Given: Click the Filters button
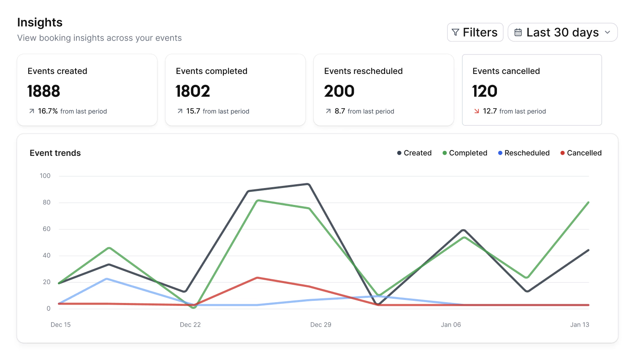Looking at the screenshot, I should tap(475, 33).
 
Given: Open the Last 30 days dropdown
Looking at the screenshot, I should tap(562, 33).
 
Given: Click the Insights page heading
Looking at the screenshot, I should tap(40, 22).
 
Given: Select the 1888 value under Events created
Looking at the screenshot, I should tap(43, 91).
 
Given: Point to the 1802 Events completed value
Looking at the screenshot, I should tap(193, 91).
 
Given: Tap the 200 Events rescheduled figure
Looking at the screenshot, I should tap(339, 91).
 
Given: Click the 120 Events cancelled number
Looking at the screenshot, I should tap(485, 91).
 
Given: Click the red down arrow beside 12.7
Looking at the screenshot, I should tap(476, 111).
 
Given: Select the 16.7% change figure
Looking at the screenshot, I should tap(48, 111).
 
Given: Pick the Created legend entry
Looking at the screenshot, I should tap(414, 153).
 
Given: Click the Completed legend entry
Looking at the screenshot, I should tap(465, 153).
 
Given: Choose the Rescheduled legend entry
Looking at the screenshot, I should tap(524, 153).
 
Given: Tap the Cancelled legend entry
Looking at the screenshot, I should tap(581, 153).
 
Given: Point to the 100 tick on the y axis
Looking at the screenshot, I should tap(45, 176).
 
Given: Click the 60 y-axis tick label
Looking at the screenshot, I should tap(46, 229).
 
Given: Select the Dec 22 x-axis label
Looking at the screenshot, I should tap(190, 325).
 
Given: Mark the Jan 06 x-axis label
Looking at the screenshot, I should tap(451, 325).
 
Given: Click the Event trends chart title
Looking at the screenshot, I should tap(55, 153).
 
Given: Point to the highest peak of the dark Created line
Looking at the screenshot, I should tap(308, 184).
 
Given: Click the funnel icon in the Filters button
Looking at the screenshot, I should tap(456, 33).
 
